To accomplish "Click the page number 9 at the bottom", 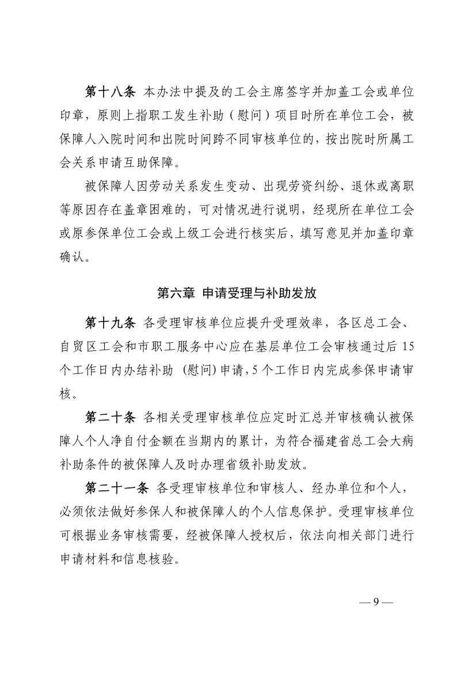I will (x=375, y=602).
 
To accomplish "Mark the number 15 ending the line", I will (x=406, y=346).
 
